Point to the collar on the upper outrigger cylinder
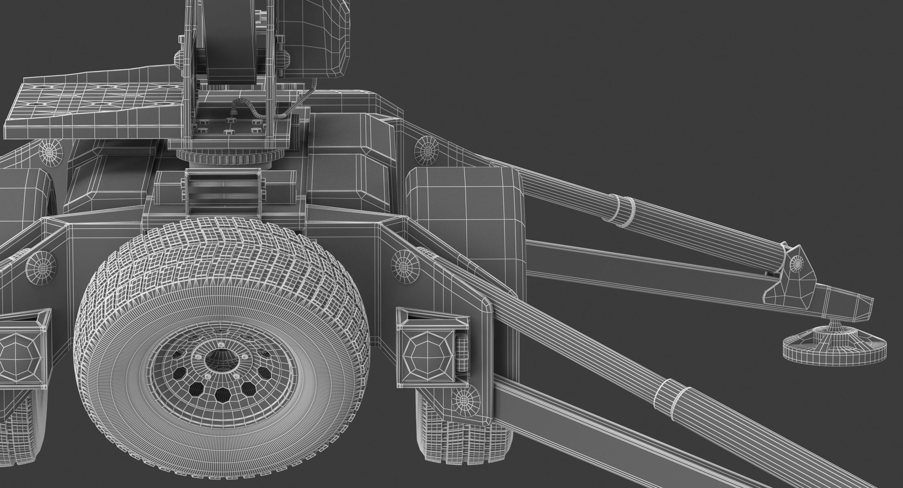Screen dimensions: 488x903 624,211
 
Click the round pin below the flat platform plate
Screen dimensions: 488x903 51,152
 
